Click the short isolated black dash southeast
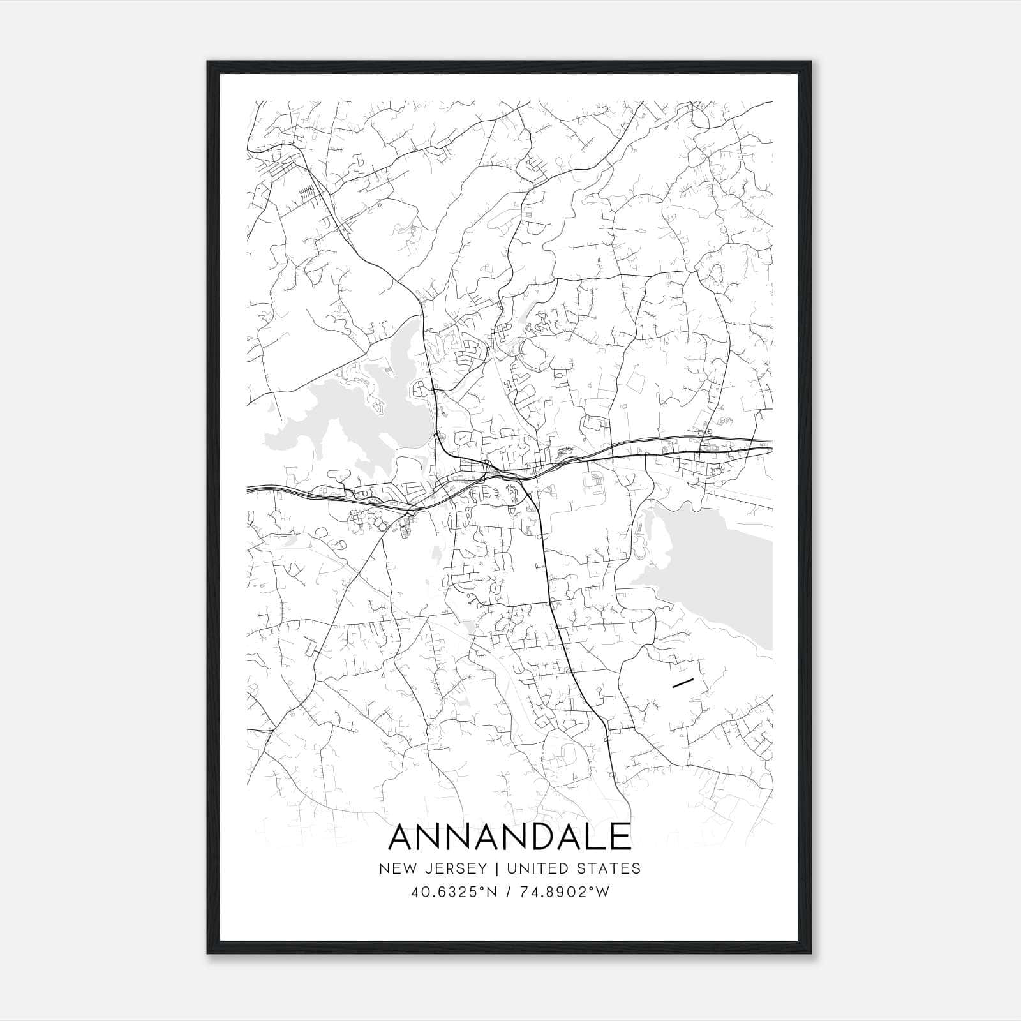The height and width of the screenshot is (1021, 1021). [x=683, y=683]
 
